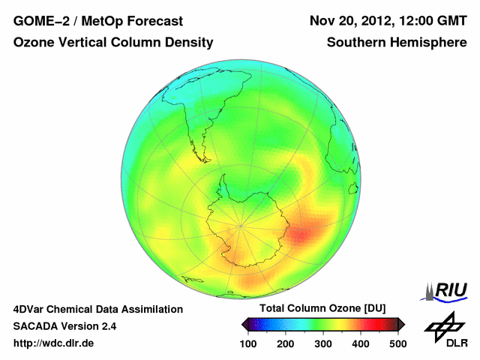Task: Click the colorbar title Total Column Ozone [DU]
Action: click(x=322, y=309)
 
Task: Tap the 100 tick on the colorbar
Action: click(x=248, y=343)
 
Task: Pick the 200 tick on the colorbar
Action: click(x=286, y=343)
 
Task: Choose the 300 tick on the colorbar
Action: click(x=323, y=343)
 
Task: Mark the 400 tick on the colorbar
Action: click(x=360, y=343)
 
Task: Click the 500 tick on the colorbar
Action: click(x=397, y=343)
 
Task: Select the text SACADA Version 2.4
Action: click(x=64, y=327)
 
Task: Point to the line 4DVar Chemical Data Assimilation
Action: click(x=97, y=309)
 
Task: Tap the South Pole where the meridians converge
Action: click(x=241, y=223)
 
